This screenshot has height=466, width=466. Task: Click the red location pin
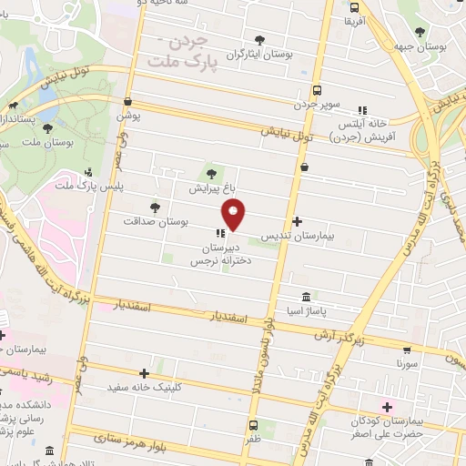pos(234,215)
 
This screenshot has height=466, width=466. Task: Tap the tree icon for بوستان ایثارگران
pos(260,39)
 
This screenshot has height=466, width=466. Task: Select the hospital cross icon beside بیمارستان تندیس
pos(298,221)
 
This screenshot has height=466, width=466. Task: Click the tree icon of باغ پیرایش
pos(211,173)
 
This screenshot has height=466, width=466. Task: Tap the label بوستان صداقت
pos(159,221)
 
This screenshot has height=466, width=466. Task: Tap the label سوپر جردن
pos(316,106)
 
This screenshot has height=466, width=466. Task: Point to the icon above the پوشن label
pos(127,101)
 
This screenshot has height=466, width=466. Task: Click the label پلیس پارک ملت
pos(88,187)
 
